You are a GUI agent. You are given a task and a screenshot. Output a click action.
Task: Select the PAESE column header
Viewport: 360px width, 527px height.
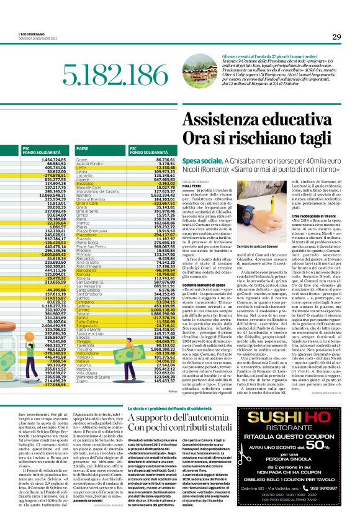(82, 149)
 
